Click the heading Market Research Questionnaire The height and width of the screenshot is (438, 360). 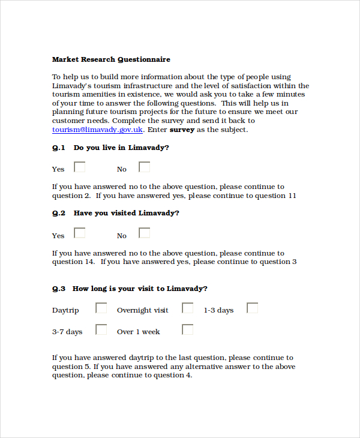111,59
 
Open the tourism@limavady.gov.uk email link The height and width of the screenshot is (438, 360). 97,129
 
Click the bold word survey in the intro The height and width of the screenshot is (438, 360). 182,129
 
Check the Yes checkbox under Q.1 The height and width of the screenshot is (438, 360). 79,167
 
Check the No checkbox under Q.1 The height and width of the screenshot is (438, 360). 144,167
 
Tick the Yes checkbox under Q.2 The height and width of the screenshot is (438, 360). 79,233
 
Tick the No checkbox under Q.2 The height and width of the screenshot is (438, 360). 144,233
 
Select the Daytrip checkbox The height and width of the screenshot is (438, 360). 101,308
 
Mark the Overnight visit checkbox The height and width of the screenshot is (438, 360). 188,308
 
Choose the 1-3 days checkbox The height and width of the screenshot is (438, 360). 253,308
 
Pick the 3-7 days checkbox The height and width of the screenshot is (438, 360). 101,329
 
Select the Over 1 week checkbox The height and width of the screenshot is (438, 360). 188,329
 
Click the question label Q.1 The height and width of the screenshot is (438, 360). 58,147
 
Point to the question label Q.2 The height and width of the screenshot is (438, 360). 58,213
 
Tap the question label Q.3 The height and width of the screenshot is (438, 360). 58,289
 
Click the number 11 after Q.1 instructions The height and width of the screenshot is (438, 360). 292,196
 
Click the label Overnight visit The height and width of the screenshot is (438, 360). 142,310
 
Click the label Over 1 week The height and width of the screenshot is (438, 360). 139,332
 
